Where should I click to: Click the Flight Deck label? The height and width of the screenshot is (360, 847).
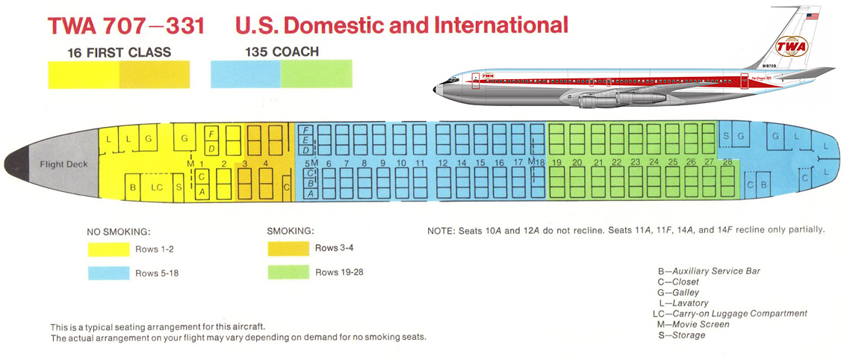[x=63, y=164]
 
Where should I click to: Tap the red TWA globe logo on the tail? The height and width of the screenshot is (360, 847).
[x=792, y=46]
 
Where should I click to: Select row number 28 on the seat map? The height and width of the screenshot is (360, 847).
[x=727, y=161]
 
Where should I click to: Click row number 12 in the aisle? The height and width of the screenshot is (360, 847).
[x=443, y=163]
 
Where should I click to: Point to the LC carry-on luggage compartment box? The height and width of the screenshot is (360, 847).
[x=157, y=187]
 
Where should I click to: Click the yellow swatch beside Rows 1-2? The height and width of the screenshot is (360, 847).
[x=108, y=249]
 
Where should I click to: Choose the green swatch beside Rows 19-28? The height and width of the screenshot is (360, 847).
[x=288, y=272]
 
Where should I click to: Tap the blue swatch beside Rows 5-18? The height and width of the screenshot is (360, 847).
[x=108, y=273]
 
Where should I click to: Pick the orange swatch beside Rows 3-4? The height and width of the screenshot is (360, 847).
[x=288, y=249]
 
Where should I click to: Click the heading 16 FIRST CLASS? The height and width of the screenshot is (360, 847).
[x=119, y=52]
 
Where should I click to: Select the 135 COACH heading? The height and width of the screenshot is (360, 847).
[x=282, y=52]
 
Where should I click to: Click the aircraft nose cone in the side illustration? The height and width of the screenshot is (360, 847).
[x=438, y=89]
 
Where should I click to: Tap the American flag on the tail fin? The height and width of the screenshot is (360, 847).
[x=812, y=16]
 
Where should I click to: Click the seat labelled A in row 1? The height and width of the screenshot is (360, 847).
[x=202, y=191]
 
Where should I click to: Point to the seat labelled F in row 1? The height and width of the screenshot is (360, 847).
[x=212, y=133]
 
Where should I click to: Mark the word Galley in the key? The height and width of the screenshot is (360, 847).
[x=686, y=293]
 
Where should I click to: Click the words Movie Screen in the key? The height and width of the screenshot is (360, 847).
[x=701, y=324]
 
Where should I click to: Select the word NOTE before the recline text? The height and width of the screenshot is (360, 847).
[x=441, y=230]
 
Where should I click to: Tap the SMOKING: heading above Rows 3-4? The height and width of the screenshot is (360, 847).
[x=291, y=232]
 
